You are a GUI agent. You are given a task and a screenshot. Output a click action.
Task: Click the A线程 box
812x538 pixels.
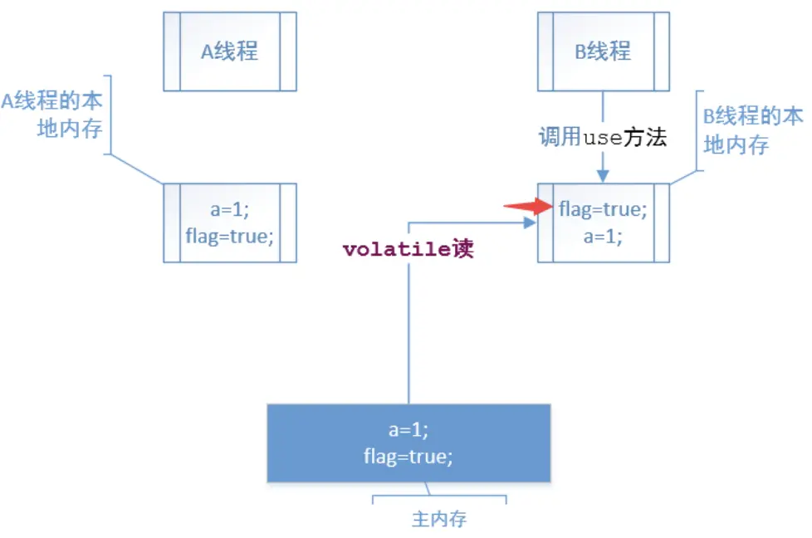tap(230, 51)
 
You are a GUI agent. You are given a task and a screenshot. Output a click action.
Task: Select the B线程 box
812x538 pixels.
tap(603, 51)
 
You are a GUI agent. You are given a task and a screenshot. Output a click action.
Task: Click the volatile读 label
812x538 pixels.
tap(408, 249)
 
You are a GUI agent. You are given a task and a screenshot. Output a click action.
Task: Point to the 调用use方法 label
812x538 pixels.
tap(602, 137)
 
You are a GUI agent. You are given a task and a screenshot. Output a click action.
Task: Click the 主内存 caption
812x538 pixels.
tap(439, 520)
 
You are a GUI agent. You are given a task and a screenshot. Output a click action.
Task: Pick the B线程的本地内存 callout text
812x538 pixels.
tap(752, 130)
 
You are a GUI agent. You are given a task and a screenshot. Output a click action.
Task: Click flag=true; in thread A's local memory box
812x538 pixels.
tap(230, 236)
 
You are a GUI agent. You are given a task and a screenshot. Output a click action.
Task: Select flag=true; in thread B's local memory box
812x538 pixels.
tap(603, 209)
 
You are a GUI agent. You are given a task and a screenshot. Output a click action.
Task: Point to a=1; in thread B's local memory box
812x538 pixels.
tap(603, 236)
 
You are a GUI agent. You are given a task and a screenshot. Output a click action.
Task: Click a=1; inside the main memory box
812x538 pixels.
tap(408, 430)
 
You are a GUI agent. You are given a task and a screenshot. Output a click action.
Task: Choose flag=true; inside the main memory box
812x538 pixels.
tap(408, 456)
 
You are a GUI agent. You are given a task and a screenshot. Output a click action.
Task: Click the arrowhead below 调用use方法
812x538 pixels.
tap(604, 175)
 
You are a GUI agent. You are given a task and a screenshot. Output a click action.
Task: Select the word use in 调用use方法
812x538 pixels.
tap(602, 138)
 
